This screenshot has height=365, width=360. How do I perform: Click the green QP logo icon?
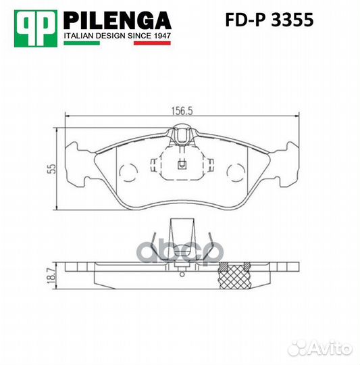[x=35, y=25]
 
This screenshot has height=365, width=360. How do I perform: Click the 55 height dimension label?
[x=49, y=168]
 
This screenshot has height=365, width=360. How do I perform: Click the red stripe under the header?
[x=151, y=43]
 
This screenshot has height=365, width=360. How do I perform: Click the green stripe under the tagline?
[x=80, y=43]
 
